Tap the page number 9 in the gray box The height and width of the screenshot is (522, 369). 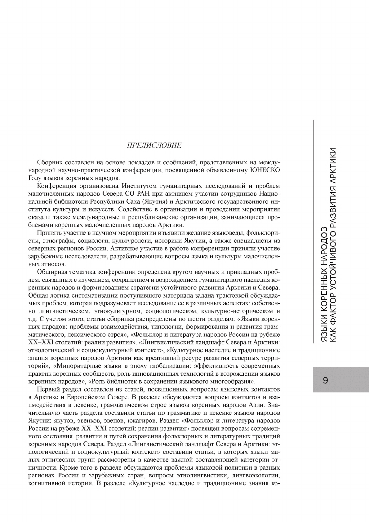pyautogui.click(x=325, y=380)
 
